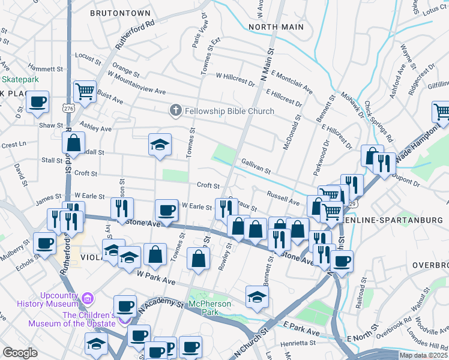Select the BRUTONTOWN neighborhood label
[x=120, y=13]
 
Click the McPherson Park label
[x=209, y=308]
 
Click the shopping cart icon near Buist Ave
[x=85, y=92]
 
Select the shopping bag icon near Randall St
[x=73, y=143]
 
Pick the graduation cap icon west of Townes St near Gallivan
[x=160, y=145]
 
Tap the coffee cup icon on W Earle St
[x=166, y=210]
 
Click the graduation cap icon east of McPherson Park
[x=257, y=296]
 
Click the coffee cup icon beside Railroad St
[x=342, y=261]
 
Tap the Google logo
[x=20, y=353]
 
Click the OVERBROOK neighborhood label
[x=430, y=265]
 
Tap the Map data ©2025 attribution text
[x=421, y=355]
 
